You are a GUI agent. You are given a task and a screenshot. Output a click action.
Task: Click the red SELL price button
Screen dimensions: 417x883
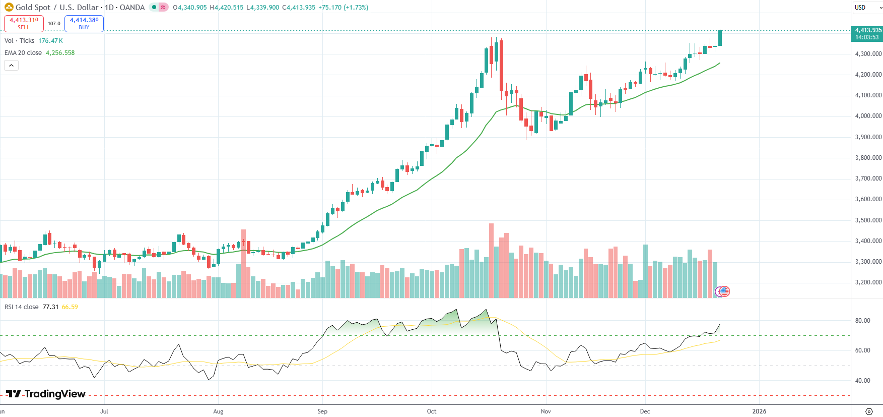(x=24, y=23)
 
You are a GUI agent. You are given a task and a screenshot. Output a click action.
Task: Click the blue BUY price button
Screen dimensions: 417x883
(x=84, y=23)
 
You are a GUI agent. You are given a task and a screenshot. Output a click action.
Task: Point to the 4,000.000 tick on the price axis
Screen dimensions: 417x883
(x=868, y=116)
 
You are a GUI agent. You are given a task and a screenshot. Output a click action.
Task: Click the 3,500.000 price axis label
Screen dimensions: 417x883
(x=868, y=220)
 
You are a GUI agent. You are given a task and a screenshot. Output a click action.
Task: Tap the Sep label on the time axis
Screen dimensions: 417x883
(x=322, y=411)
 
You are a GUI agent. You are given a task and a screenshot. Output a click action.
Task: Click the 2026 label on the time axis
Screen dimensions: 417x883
(x=759, y=411)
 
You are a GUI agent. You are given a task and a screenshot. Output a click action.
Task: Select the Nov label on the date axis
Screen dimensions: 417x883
(x=546, y=411)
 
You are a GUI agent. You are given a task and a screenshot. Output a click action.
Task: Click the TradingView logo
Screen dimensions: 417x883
(x=46, y=394)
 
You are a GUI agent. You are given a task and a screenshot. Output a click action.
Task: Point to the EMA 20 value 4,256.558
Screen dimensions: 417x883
(x=60, y=53)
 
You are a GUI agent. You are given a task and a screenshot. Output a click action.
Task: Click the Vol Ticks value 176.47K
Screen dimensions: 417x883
(x=50, y=41)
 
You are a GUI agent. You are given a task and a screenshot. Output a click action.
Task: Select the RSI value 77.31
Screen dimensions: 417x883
(x=50, y=307)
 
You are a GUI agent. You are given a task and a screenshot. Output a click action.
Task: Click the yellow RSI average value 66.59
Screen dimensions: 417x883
(x=70, y=307)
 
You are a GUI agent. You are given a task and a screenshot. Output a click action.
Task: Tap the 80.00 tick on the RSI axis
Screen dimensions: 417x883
(x=862, y=321)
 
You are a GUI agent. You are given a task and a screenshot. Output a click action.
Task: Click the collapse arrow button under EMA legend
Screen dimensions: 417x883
(x=11, y=66)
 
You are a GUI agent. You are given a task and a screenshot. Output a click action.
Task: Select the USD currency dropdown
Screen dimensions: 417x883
(x=866, y=8)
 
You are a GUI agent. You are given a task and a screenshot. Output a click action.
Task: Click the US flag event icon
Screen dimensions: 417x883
(x=724, y=291)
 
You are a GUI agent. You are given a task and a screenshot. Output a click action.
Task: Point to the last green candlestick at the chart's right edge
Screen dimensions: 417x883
(x=720, y=38)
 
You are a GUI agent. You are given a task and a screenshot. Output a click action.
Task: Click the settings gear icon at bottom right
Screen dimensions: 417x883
(x=869, y=411)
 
